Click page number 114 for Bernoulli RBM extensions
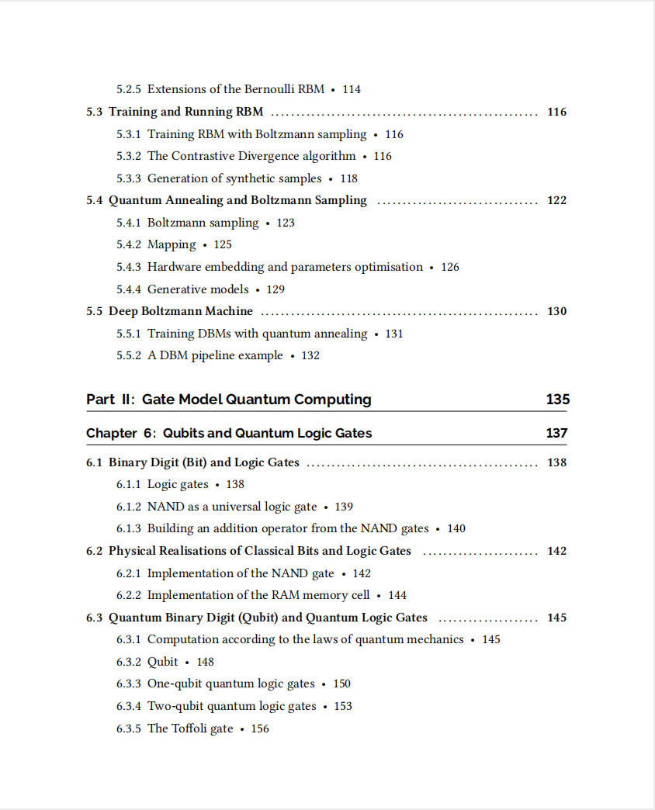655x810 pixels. [352, 89]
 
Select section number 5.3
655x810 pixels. [94, 112]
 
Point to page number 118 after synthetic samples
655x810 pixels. [348, 178]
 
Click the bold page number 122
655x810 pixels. [556, 200]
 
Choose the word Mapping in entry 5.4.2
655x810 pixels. [172, 244]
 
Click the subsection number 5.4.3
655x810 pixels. [129, 267]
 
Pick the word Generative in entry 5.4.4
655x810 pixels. [176, 289]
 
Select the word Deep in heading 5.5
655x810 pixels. [123, 311]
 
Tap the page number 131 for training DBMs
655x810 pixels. [394, 334]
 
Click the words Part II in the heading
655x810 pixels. [111, 400]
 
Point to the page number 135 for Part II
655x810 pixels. [557, 400]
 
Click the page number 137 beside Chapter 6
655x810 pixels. [556, 433]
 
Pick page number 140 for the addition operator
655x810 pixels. [456, 528]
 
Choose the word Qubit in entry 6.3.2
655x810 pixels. [162, 662]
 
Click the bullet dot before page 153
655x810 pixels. [325, 707]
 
